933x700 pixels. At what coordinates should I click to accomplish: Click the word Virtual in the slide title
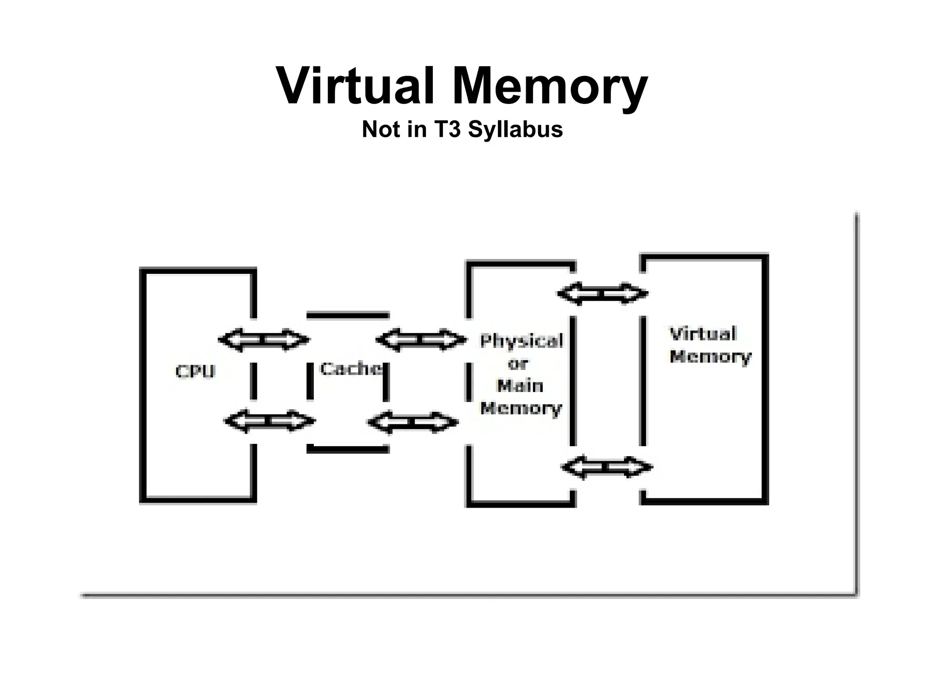coord(355,87)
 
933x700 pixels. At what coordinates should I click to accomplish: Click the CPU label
coord(195,371)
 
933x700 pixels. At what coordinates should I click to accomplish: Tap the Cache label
coord(351,368)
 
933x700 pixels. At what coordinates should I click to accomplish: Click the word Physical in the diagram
coord(522,341)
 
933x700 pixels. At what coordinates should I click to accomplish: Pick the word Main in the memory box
coord(520,386)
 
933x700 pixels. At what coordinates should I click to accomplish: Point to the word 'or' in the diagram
coord(518,364)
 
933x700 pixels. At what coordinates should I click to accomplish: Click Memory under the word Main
coord(521,408)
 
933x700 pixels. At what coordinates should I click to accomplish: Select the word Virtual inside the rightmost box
coord(703,334)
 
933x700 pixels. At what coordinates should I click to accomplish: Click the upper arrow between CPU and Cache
coord(264,340)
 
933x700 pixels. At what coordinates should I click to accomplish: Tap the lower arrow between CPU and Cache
coord(270,421)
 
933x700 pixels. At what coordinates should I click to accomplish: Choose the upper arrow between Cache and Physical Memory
coord(421,340)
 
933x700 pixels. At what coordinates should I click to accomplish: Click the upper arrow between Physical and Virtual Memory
coord(603,293)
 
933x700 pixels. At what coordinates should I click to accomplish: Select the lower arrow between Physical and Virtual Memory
coord(607,467)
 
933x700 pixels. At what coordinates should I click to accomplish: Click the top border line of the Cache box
coord(348,315)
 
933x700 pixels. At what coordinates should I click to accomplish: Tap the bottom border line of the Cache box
coord(348,449)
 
